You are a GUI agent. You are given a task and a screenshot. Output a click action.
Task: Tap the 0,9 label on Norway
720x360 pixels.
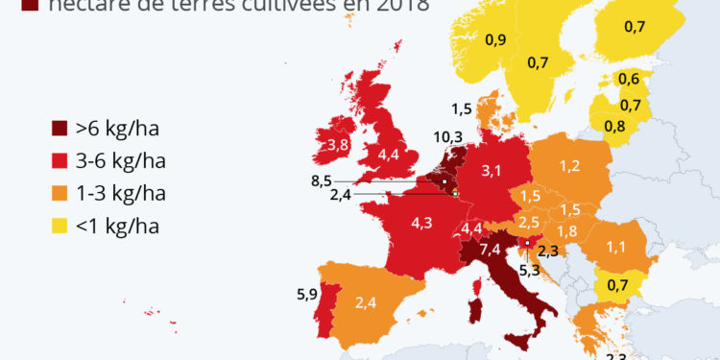pyautogui.click(x=495, y=39)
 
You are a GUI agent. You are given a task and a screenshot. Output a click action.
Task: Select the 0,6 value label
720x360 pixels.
pyautogui.click(x=630, y=79)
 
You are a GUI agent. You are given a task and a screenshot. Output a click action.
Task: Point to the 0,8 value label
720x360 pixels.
pyautogui.click(x=614, y=124)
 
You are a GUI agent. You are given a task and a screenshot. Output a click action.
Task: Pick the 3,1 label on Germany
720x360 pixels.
pyautogui.click(x=492, y=171)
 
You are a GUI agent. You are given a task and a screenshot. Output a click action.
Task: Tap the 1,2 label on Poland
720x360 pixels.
pyautogui.click(x=569, y=166)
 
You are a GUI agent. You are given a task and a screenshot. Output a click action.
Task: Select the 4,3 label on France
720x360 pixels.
pyautogui.click(x=421, y=223)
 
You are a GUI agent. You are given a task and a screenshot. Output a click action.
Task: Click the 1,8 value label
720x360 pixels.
pyautogui.click(x=567, y=230)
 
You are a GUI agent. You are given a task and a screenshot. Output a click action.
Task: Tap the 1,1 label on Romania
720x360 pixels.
pyautogui.click(x=615, y=247)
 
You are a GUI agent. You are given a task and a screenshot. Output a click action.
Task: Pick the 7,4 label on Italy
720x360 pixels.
pyautogui.click(x=489, y=250)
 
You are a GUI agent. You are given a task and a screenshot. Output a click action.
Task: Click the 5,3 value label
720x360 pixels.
pyautogui.click(x=529, y=270)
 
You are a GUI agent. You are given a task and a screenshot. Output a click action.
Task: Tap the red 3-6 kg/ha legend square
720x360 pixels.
pyautogui.click(x=60, y=160)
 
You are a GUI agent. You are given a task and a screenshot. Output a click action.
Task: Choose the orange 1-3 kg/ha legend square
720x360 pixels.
pyautogui.click(x=60, y=193)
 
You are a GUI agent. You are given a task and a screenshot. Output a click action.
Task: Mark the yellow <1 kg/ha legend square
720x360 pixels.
pyautogui.click(x=60, y=226)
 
